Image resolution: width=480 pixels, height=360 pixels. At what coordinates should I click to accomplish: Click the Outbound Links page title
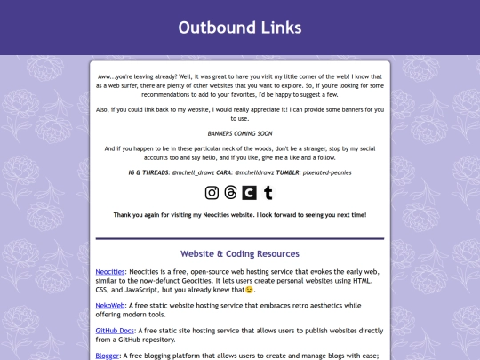click(x=239, y=28)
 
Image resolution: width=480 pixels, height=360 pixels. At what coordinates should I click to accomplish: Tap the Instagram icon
click(x=212, y=192)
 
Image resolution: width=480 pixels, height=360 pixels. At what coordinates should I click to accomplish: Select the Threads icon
click(x=231, y=192)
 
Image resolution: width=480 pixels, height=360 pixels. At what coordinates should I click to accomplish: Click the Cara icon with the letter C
click(x=250, y=192)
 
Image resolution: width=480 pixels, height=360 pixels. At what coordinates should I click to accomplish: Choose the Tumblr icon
click(x=268, y=192)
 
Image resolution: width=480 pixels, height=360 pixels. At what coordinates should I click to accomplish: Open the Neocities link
click(x=111, y=270)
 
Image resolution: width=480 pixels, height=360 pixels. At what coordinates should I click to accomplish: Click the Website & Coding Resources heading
click(x=239, y=253)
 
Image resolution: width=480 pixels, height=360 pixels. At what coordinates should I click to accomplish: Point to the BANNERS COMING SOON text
click(x=239, y=132)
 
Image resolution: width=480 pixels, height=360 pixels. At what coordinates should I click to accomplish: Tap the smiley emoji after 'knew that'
click(x=250, y=290)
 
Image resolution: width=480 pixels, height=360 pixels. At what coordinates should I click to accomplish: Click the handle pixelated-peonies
click(x=328, y=173)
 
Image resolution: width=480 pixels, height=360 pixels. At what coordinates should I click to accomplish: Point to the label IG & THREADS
click(x=149, y=173)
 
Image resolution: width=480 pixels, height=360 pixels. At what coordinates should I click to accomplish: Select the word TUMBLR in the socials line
click(x=287, y=173)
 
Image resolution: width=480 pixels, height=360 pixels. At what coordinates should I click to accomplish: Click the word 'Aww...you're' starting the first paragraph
click(x=116, y=77)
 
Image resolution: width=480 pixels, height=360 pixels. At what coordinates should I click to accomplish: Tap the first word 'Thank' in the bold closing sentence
click(x=124, y=215)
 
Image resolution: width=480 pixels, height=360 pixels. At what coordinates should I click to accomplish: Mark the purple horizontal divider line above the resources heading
click(x=239, y=238)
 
